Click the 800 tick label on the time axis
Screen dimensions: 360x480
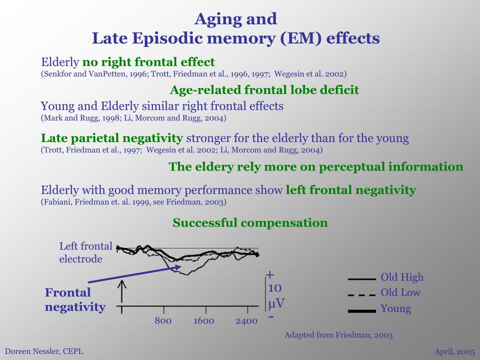[x=163, y=321]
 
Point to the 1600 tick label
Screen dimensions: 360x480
[x=204, y=321]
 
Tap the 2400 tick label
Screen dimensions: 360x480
[x=247, y=321]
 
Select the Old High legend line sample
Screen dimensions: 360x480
[x=362, y=279]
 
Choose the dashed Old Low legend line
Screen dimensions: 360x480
[x=362, y=295]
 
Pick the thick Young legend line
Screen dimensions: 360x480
[x=362, y=311]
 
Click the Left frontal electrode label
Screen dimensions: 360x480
[x=86, y=252]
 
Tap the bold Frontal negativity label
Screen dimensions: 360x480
[x=75, y=300]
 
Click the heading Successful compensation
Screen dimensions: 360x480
[x=250, y=223]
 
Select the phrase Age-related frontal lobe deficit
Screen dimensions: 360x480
[x=264, y=90]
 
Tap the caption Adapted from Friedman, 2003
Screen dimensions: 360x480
[x=339, y=335]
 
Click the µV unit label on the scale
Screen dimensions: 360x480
[x=276, y=303]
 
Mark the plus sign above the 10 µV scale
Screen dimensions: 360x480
[x=270, y=275]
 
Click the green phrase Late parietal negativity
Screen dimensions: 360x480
[x=112, y=138]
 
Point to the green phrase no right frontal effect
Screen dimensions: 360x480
[x=149, y=62]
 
